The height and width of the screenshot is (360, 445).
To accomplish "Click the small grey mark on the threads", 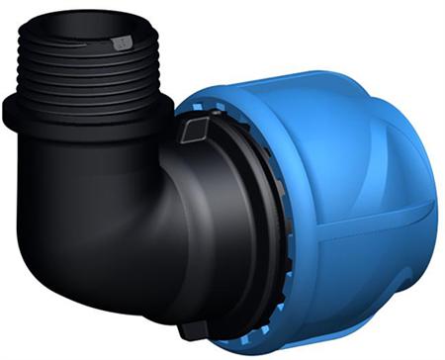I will coord(122,43).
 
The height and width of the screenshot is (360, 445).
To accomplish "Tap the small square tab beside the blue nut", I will coord(196,127).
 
